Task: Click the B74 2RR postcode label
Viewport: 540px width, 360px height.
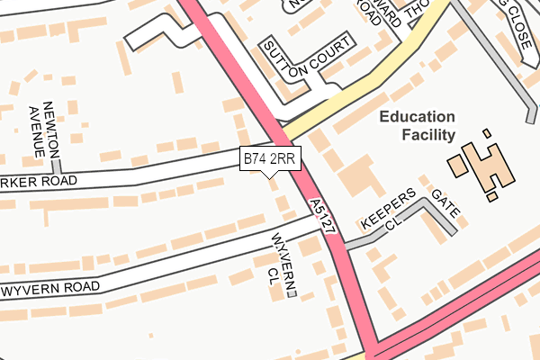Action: [268, 159]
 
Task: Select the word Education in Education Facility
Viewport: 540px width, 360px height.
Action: [418, 116]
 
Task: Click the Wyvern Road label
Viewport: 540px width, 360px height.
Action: [50, 289]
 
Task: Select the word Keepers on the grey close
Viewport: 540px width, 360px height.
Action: [388, 209]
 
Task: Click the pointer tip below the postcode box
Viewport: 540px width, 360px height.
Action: [268, 176]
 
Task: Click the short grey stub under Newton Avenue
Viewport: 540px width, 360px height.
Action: [56, 166]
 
